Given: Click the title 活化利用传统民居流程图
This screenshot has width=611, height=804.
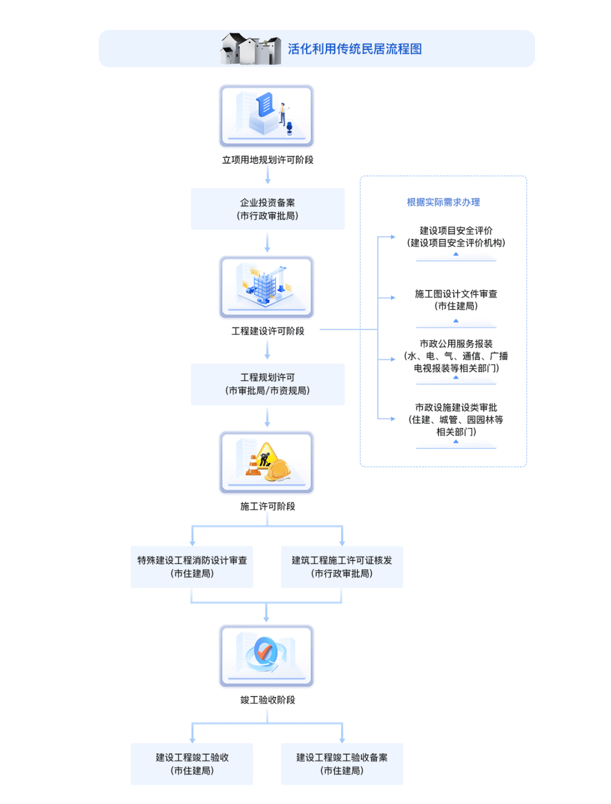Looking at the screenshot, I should [355, 49].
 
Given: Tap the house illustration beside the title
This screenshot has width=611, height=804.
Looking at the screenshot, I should [251, 49].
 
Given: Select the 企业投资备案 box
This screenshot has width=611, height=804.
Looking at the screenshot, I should [268, 209].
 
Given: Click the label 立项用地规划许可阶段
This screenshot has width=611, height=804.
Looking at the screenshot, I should [268, 160].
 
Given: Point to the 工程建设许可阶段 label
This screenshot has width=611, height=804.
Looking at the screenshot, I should [268, 331].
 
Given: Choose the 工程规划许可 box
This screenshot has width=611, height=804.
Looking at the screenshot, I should [268, 384].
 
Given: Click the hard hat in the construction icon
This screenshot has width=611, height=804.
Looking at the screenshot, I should [278, 469].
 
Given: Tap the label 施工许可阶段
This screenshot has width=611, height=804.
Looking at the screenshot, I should [268, 507].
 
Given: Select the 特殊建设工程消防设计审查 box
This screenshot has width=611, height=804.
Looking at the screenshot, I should [192, 567].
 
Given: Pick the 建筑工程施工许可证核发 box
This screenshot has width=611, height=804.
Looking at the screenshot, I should [342, 567].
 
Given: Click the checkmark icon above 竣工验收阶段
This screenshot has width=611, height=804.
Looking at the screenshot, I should [264, 652].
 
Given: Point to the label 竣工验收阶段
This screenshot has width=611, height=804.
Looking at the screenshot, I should [268, 700].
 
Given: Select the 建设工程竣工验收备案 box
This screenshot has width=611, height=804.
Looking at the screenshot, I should [342, 764].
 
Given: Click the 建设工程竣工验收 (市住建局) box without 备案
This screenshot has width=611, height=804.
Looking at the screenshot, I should [192, 764].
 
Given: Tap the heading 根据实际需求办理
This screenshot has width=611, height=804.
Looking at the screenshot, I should [443, 202].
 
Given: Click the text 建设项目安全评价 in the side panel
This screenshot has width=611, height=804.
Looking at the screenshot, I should [456, 230].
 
